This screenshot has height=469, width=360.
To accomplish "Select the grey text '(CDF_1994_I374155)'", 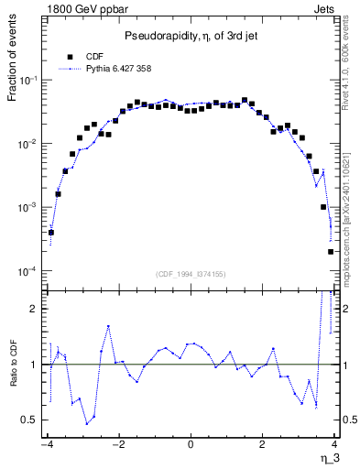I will click(x=190, y=274).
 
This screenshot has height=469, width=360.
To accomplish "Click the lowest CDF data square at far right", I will click(x=331, y=252).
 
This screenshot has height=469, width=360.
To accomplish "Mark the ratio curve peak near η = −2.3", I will click(x=108, y=325).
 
